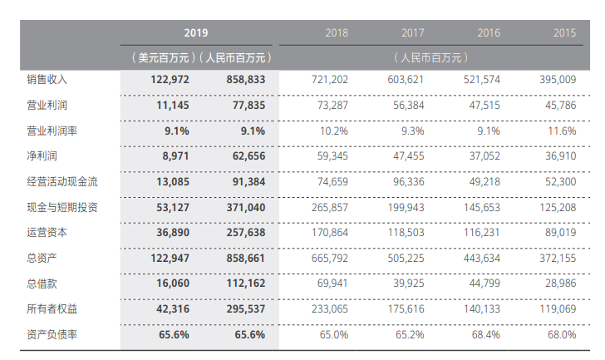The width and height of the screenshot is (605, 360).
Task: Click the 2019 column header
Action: (196, 33)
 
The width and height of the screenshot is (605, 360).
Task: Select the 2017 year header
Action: (412, 33)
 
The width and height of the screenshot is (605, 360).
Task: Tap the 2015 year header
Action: (564, 33)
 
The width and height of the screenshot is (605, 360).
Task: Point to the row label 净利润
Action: (41, 155)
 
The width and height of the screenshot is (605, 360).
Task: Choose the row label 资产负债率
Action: (52, 334)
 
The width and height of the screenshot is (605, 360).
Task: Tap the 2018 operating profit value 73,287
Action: (330, 106)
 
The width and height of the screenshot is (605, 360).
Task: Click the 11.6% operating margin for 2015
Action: (563, 131)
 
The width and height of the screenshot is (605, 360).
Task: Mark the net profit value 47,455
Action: (406, 155)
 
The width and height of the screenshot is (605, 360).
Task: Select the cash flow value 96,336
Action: (406, 181)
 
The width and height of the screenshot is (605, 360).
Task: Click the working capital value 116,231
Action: (482, 233)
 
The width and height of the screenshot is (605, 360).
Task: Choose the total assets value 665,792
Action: (328, 258)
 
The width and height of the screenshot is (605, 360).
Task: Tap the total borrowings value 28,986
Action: (558, 284)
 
